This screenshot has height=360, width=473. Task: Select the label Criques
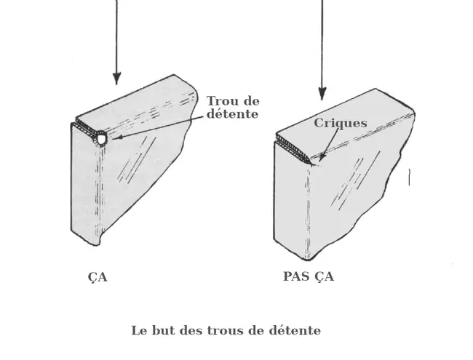pos(340,123)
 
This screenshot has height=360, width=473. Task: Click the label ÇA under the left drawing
pos(97,277)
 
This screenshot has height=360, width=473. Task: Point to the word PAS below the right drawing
pos(296,276)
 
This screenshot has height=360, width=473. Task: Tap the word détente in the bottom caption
pos(296,330)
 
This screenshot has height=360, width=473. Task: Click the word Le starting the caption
pos(138,330)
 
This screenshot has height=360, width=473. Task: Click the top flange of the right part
pos(342,120)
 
